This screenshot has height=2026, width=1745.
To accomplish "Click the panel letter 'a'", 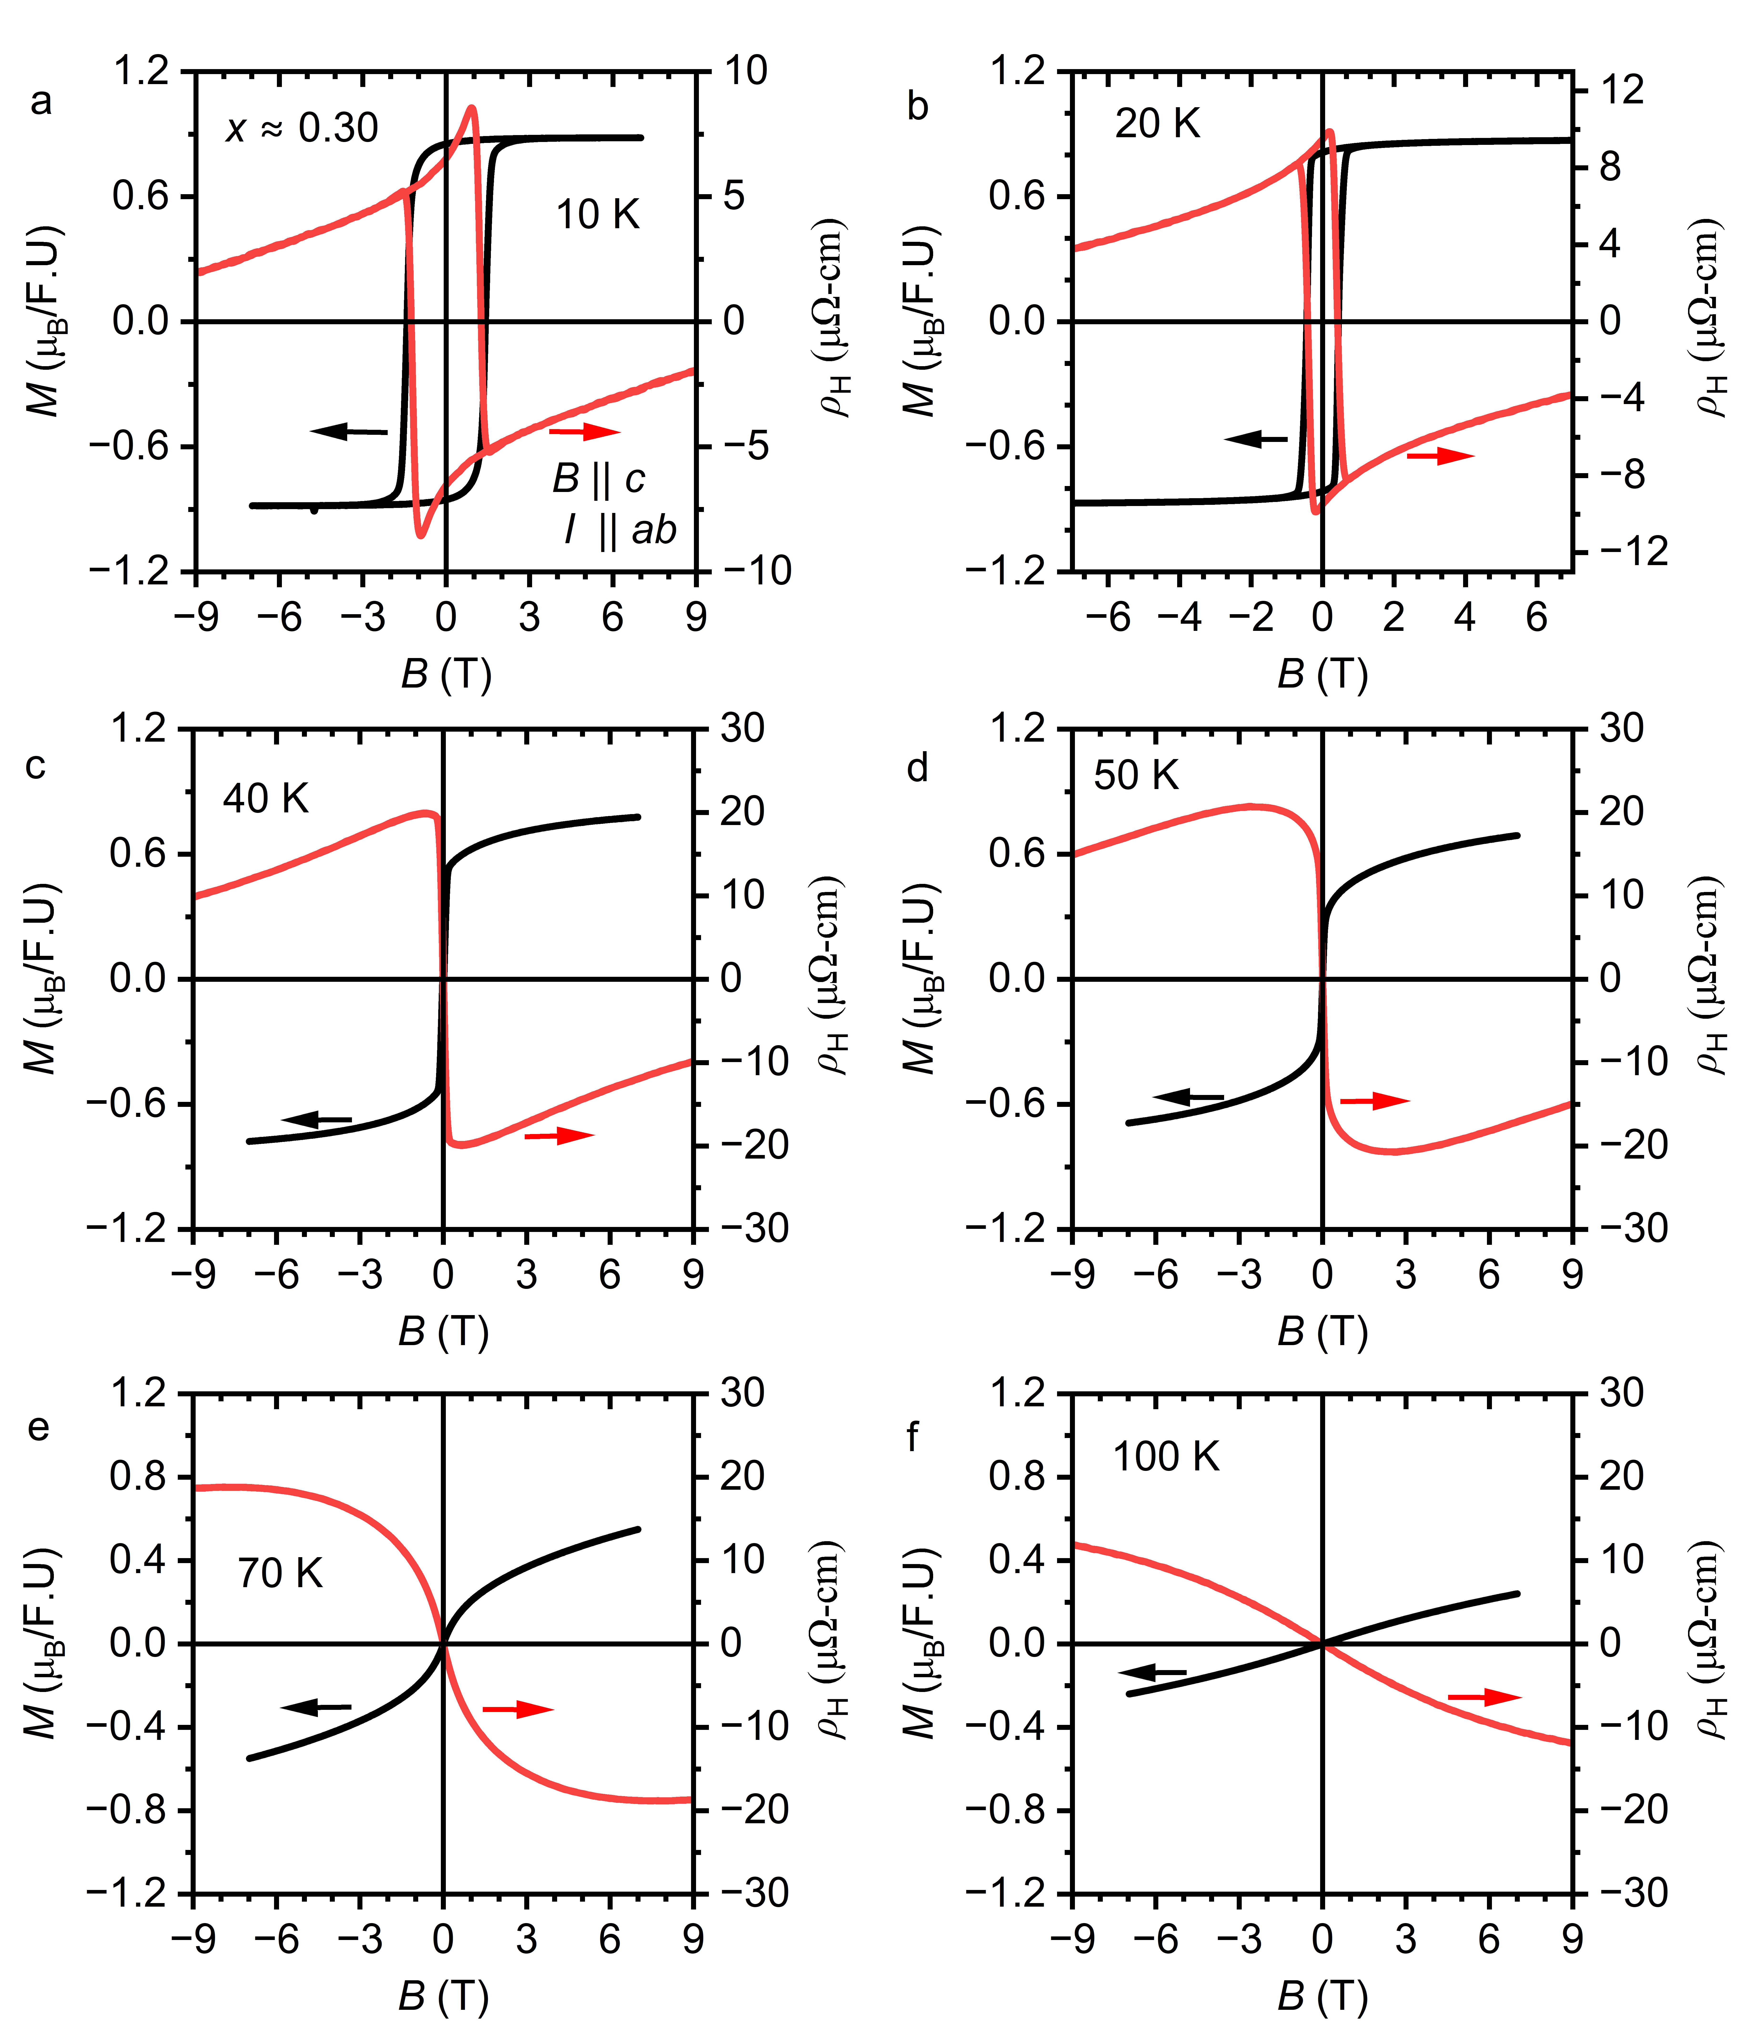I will click(x=41, y=102).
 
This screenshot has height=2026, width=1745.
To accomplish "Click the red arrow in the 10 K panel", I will click(x=584, y=431).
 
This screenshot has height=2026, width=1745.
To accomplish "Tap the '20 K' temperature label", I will click(x=1157, y=124).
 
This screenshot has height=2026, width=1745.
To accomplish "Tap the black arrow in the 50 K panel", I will click(x=1188, y=1098).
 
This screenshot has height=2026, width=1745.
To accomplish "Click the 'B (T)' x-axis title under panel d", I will click(x=1323, y=1331).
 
